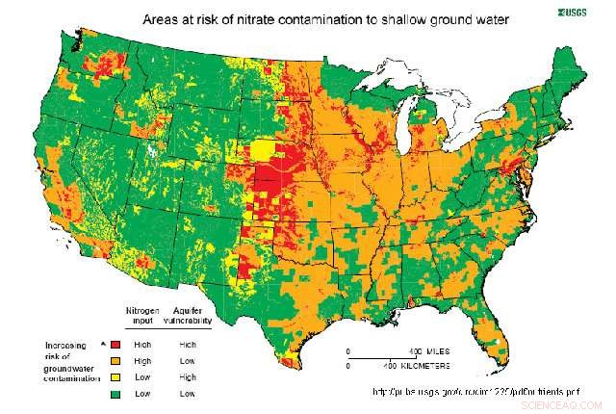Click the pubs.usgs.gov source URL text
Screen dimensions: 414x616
477,392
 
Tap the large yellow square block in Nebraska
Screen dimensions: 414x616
262,154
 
